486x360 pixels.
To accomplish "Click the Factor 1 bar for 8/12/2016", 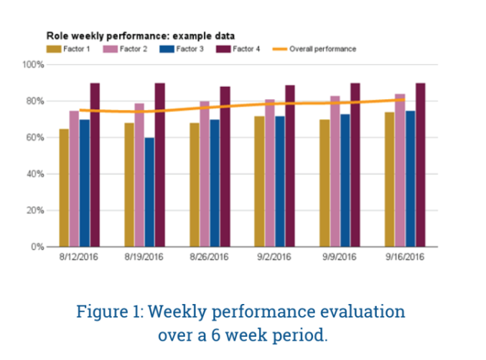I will (x=64, y=188).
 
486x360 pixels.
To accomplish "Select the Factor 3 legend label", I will (x=187, y=49).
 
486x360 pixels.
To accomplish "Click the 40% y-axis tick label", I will (x=36, y=174).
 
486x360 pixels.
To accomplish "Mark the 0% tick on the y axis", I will (x=38, y=246).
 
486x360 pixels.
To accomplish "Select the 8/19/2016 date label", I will (x=144, y=257).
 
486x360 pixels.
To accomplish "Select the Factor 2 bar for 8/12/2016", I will (x=74, y=179).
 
